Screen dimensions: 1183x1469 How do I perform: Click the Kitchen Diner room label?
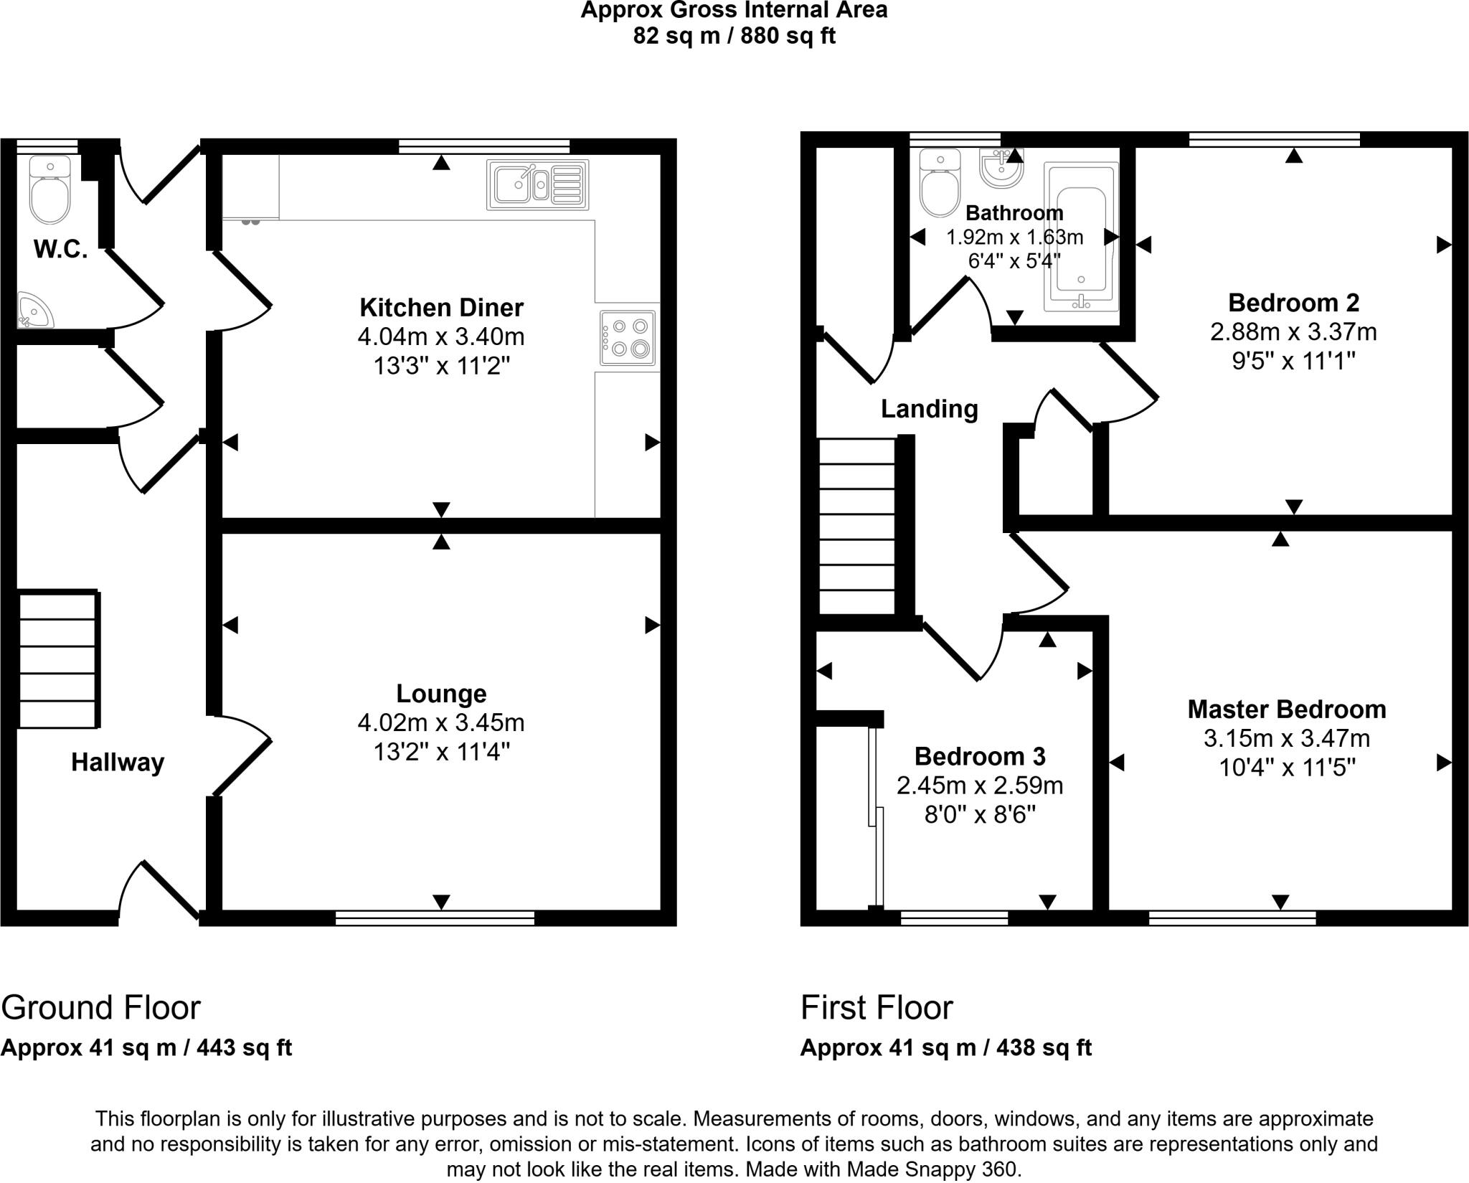tap(441, 308)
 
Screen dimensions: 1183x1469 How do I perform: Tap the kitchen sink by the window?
tap(537, 185)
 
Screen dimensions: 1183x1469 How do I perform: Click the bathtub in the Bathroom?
tap(1081, 237)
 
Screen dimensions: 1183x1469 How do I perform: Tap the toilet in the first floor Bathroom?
tap(940, 183)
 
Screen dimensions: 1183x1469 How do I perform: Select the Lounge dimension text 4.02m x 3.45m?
tap(441, 722)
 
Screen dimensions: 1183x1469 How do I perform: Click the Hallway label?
tap(118, 762)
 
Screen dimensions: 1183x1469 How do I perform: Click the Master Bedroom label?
tap(1287, 710)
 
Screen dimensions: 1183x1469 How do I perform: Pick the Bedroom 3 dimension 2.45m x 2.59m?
tap(980, 786)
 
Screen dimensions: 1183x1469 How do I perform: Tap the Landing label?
tap(930, 409)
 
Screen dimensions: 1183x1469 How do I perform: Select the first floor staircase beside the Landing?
tap(858, 527)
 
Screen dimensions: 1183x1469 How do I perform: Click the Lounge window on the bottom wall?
tap(435, 918)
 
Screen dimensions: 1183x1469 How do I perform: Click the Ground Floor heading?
tap(100, 1008)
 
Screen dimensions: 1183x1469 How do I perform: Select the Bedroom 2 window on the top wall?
tap(1274, 139)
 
